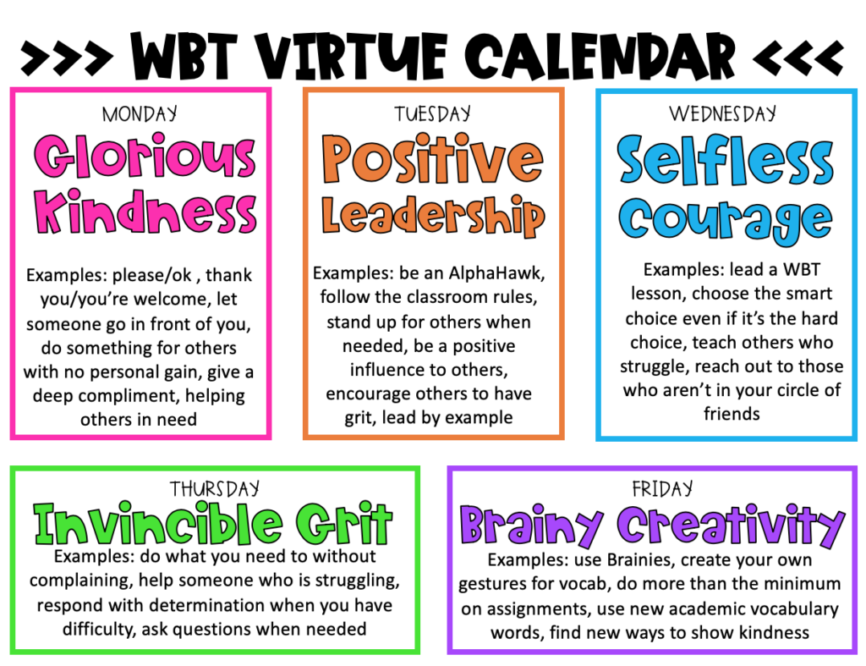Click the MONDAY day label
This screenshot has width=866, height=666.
click(x=140, y=113)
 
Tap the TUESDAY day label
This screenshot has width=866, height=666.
click(x=433, y=113)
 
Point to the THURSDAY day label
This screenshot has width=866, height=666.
click(x=215, y=488)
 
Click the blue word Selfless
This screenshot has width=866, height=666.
click(x=726, y=161)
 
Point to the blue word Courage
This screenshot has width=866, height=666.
click(x=726, y=218)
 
